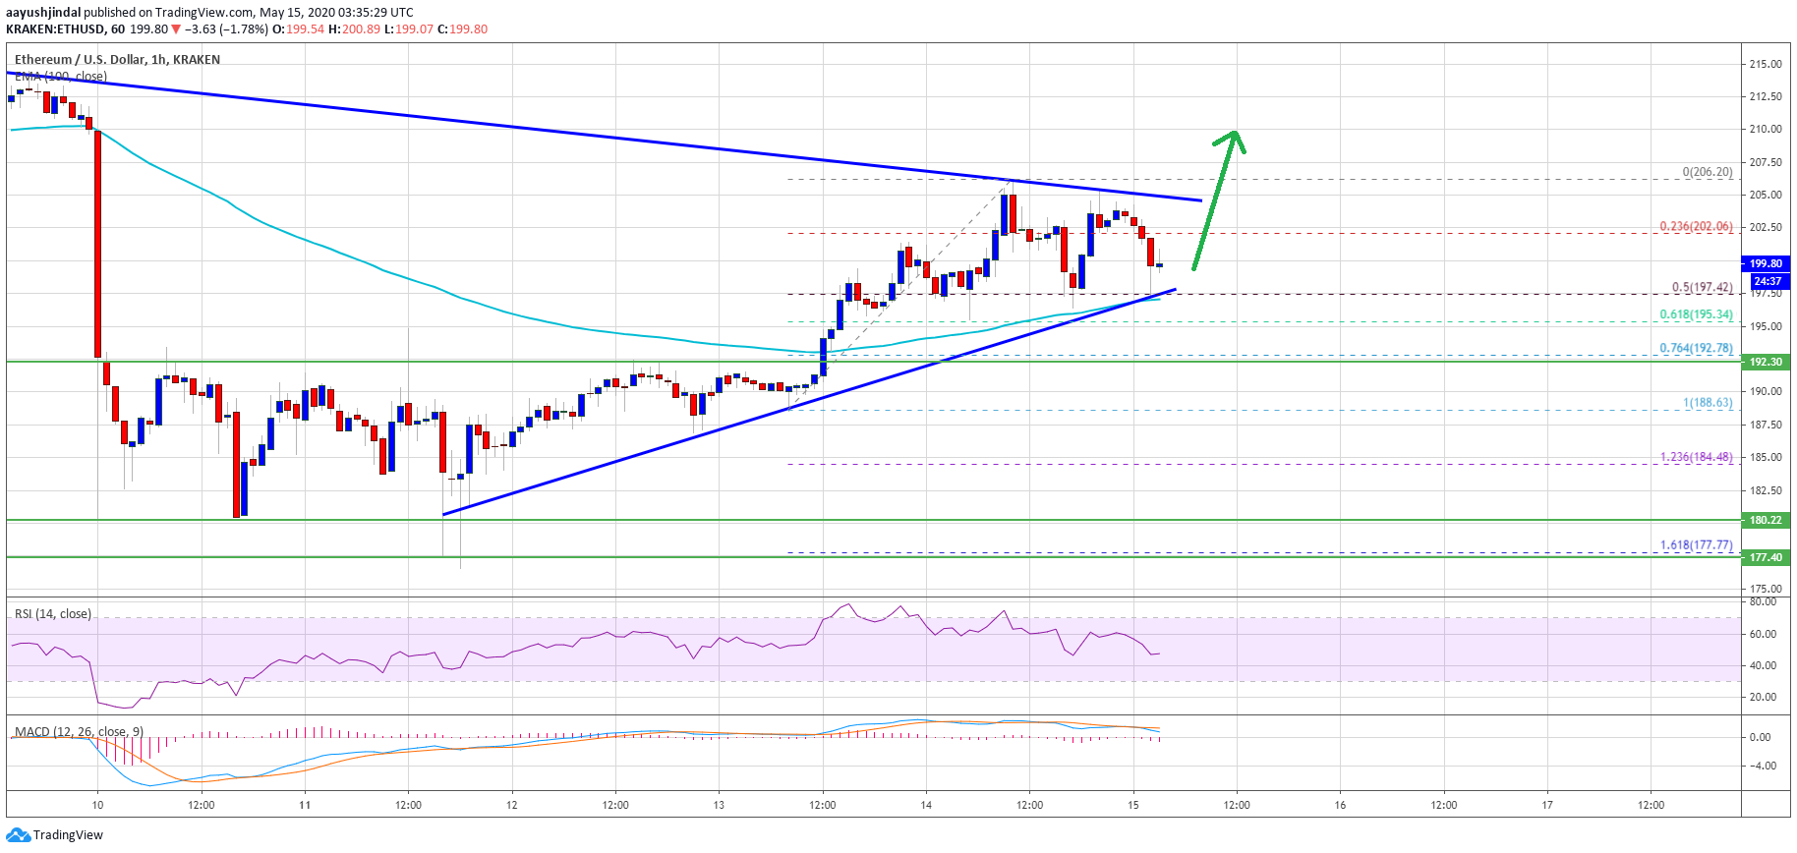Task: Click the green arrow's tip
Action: point(1236,132)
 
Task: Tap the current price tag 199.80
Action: point(1766,263)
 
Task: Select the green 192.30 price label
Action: point(1766,362)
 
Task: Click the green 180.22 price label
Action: point(1766,520)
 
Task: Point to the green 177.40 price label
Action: point(1766,557)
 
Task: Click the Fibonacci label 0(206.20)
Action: point(1707,172)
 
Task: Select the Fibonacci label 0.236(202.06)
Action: point(1696,226)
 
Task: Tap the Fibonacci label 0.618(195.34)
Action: point(1696,314)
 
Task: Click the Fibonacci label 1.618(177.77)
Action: point(1696,544)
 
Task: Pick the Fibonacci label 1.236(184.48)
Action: point(1696,457)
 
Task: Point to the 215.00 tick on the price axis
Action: point(1766,64)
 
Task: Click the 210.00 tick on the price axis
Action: point(1766,129)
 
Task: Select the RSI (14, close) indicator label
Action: point(53,614)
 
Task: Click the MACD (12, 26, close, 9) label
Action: point(79,731)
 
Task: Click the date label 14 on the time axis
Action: point(926,805)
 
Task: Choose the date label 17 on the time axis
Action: point(1547,805)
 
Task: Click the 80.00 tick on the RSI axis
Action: point(1763,601)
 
